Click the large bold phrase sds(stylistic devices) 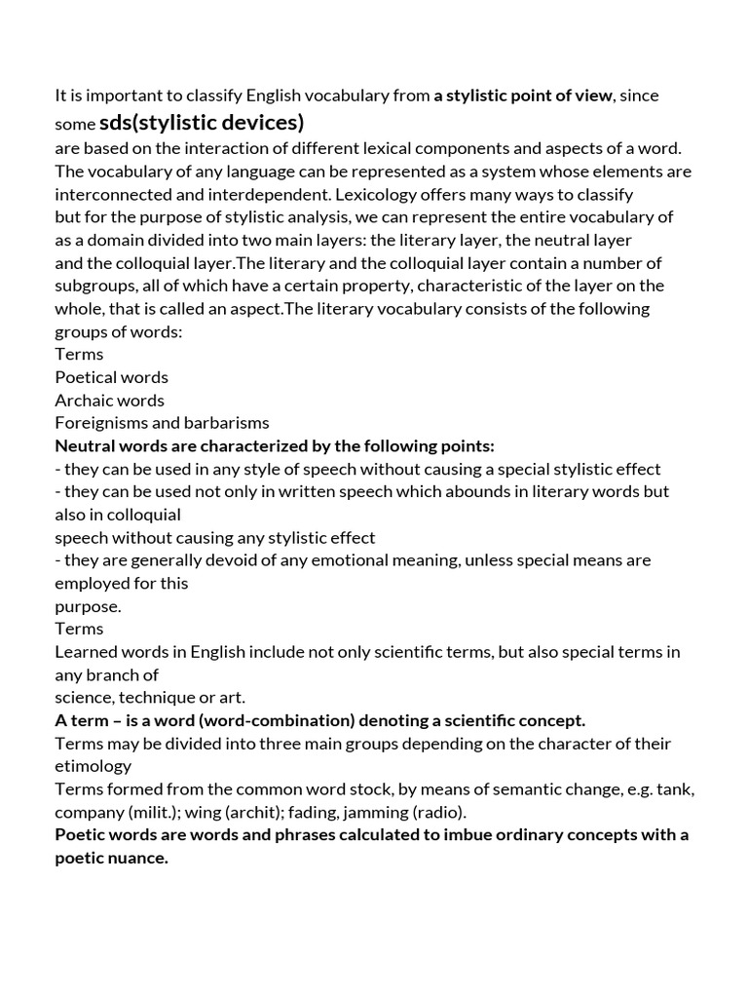202,123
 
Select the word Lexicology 395,194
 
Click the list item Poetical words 111,376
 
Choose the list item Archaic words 109,400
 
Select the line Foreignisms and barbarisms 162,422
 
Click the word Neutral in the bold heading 86,445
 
